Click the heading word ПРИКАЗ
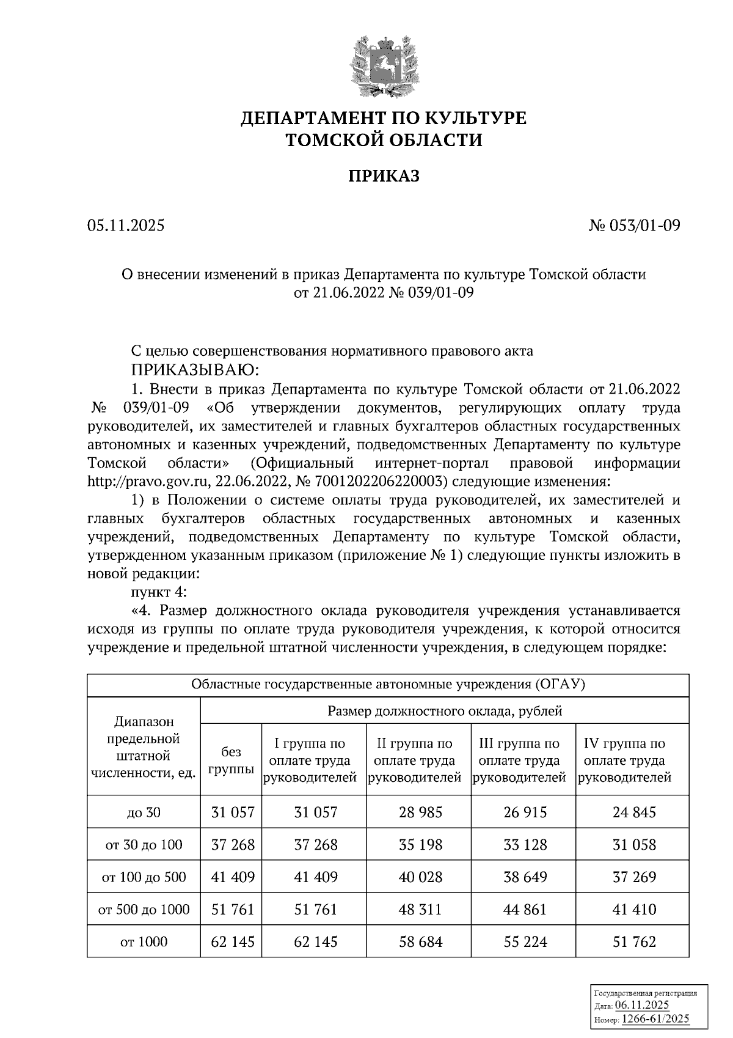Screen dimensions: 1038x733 pos(384,177)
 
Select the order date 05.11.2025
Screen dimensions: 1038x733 pos(126,226)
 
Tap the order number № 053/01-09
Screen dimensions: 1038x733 pos(634,226)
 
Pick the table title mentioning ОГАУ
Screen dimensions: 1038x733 pos(388,685)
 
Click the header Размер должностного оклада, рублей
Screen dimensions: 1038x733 pos(445,711)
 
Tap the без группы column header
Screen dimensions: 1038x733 pos(232,760)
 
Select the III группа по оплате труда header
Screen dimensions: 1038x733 pos(520,760)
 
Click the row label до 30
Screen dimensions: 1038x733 pos(144,812)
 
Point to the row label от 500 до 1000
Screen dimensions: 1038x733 pos(144,910)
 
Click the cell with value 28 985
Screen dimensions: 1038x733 pos(420,812)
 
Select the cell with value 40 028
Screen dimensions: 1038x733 pos(420,877)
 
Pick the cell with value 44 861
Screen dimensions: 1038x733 pos(523,910)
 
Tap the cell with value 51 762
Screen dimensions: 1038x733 pos(633,942)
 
